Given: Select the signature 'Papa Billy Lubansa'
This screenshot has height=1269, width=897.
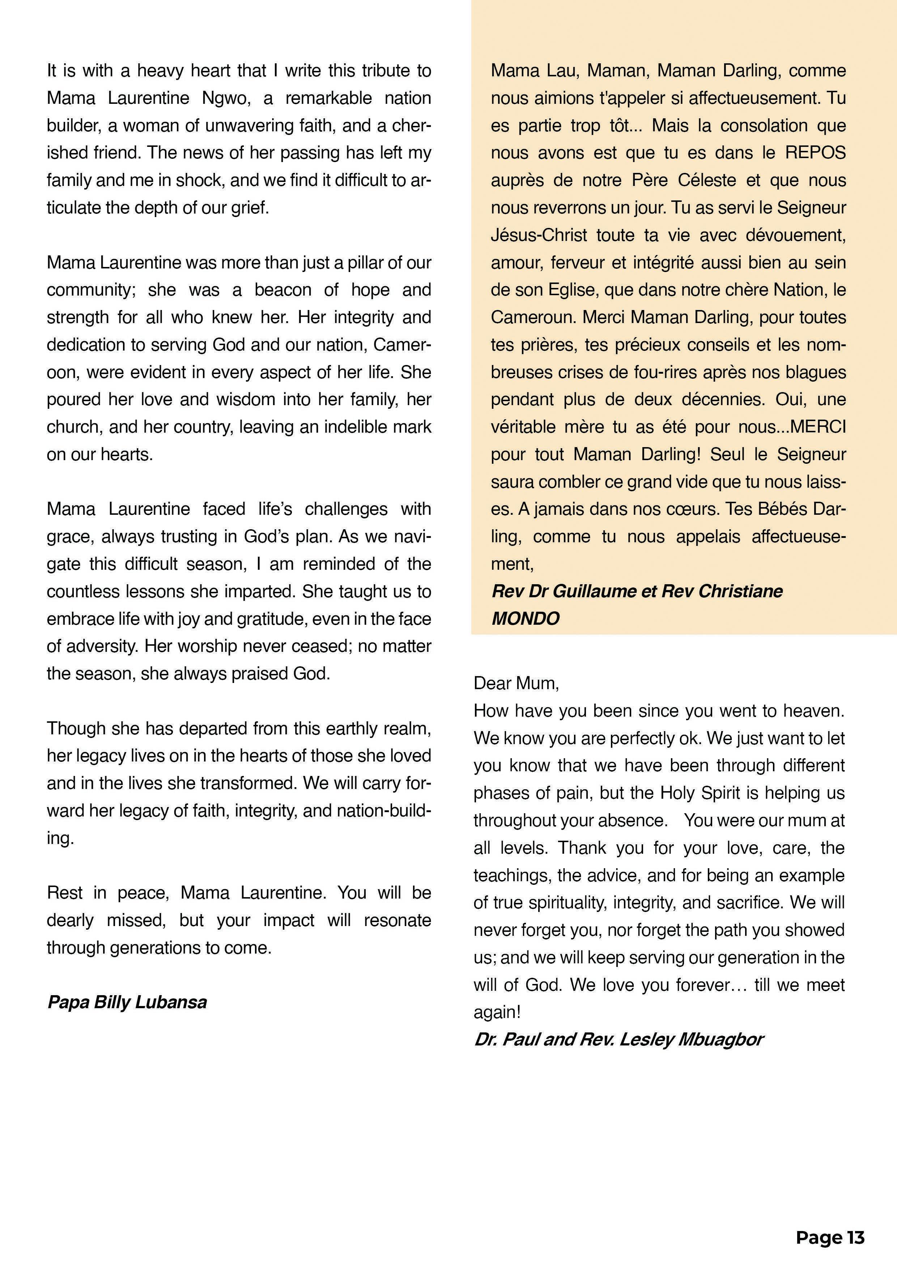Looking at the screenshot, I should coord(127,1002).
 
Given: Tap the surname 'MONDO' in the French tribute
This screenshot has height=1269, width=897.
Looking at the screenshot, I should coord(525,619).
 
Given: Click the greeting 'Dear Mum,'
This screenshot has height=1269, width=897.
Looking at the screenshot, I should coord(516,684).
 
